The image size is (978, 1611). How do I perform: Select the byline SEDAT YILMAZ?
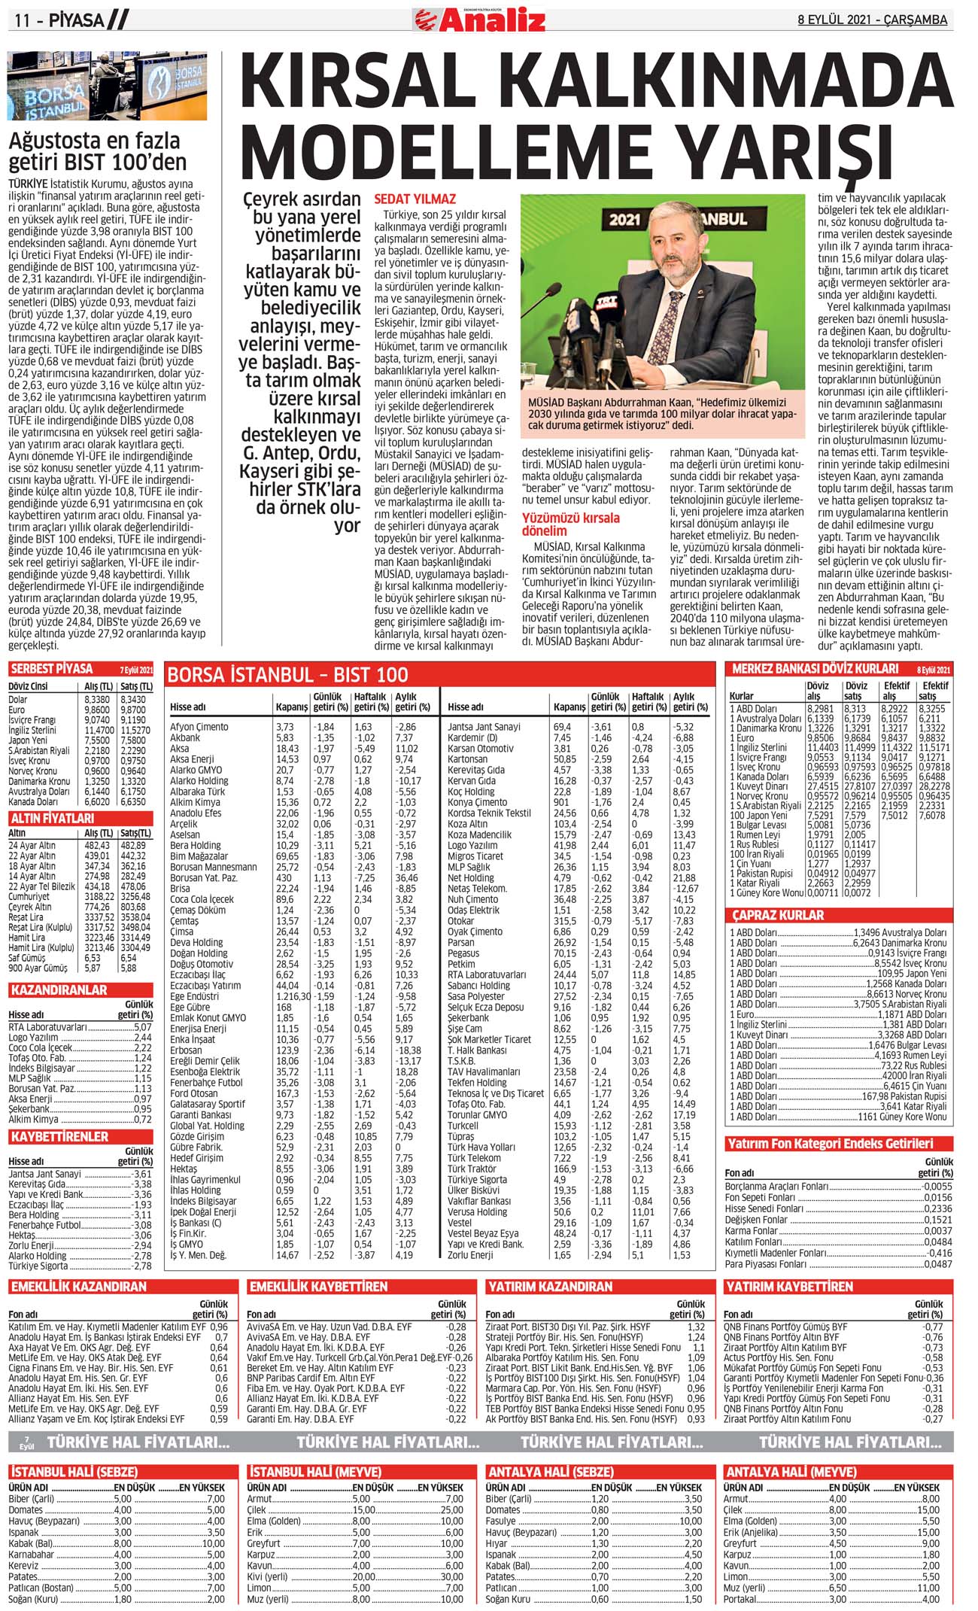click(x=415, y=199)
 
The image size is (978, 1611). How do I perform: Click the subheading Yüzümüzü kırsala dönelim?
click(x=571, y=524)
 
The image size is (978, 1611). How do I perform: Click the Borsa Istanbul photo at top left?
click(x=107, y=87)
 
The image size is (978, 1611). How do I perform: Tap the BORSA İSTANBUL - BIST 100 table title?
click(x=288, y=674)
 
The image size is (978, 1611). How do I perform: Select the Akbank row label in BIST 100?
click(x=185, y=738)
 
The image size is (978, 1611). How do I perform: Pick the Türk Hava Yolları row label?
click(x=481, y=1147)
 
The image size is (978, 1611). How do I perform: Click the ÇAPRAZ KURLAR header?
click(x=779, y=916)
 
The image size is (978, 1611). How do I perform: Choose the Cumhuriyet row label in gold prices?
click(x=29, y=896)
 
